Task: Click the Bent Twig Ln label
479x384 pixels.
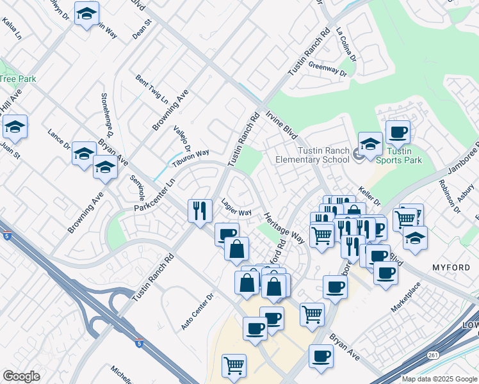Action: (x=152, y=90)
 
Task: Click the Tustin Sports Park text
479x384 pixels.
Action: (x=400, y=156)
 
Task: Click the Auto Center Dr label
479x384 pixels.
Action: (x=196, y=312)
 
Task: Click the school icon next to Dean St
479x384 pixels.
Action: (x=86, y=13)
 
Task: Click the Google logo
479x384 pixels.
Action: (x=21, y=376)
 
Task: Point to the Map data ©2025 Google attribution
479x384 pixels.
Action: (x=439, y=379)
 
